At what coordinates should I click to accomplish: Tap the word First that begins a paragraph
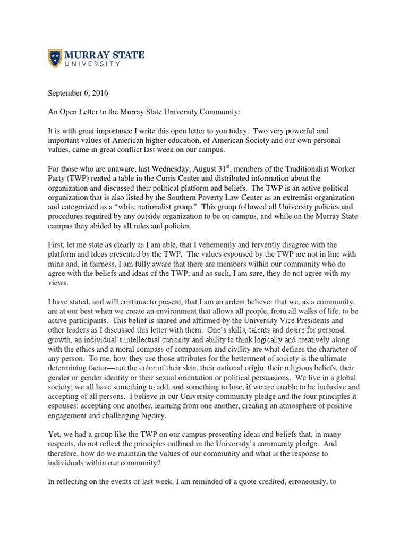[57, 244]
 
